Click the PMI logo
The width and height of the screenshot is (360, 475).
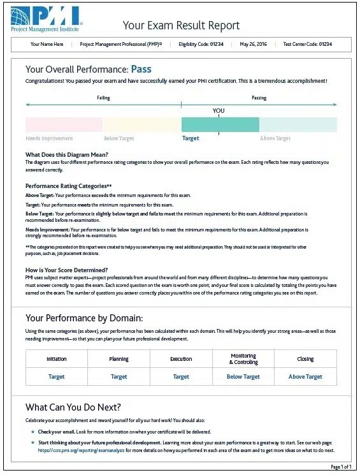point(45,18)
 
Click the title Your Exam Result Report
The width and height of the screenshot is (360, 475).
point(181,26)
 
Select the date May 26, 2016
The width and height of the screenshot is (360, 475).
point(254,45)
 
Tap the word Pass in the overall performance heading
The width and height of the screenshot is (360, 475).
point(141,69)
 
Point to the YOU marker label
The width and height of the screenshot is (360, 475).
point(219,110)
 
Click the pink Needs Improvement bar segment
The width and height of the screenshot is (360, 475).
point(64,124)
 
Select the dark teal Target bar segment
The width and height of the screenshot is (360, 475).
point(220,124)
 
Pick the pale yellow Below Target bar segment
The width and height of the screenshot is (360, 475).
point(141,124)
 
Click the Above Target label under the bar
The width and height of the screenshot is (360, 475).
point(275,138)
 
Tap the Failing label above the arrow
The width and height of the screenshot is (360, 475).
point(103,98)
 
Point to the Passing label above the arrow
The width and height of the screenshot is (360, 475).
point(259,98)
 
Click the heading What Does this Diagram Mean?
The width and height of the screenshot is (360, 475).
point(67,155)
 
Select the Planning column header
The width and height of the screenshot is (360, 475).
point(119,359)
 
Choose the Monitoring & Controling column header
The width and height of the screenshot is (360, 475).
point(243,359)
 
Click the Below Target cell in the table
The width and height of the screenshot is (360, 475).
point(243,377)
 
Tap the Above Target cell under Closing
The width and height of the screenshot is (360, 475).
point(305,377)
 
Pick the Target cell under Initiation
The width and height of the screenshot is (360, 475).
point(57,377)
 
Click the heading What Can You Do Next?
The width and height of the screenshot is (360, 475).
point(73,407)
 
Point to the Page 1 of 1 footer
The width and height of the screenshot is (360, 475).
point(340,467)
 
